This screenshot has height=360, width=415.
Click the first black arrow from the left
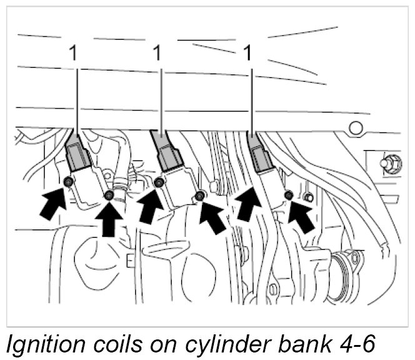tap(53, 202)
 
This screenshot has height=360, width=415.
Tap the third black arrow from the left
tap(148, 204)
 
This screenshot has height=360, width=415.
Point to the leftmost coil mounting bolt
tap(69, 182)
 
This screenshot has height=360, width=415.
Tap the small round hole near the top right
tap(356, 129)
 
